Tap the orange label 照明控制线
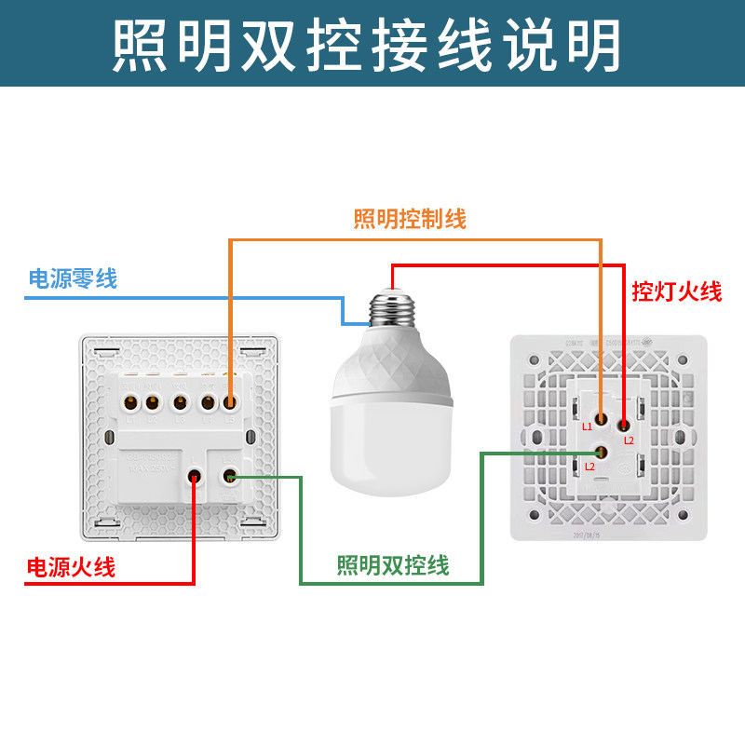(x=410, y=219)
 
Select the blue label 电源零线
(x=74, y=278)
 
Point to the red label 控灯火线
(x=677, y=291)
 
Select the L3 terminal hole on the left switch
(x=179, y=403)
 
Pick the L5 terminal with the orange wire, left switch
(x=229, y=403)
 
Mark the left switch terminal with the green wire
(x=229, y=478)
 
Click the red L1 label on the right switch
(x=587, y=427)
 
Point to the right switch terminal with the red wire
(x=623, y=424)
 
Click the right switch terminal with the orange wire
(x=602, y=419)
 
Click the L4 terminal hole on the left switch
(x=208, y=403)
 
